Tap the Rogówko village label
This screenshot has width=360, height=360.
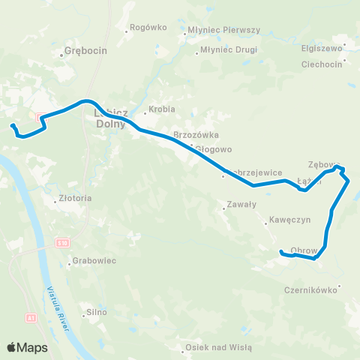(x=148, y=27)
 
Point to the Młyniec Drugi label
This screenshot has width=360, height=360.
(x=228, y=50)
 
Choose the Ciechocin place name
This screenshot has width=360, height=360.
(x=322, y=63)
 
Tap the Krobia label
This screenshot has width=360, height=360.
(x=162, y=109)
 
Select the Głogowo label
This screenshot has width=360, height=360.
(x=212, y=149)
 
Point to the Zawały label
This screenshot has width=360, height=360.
(x=241, y=204)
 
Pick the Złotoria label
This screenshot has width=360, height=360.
(x=75, y=199)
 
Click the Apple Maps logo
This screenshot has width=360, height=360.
(x=27, y=347)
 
